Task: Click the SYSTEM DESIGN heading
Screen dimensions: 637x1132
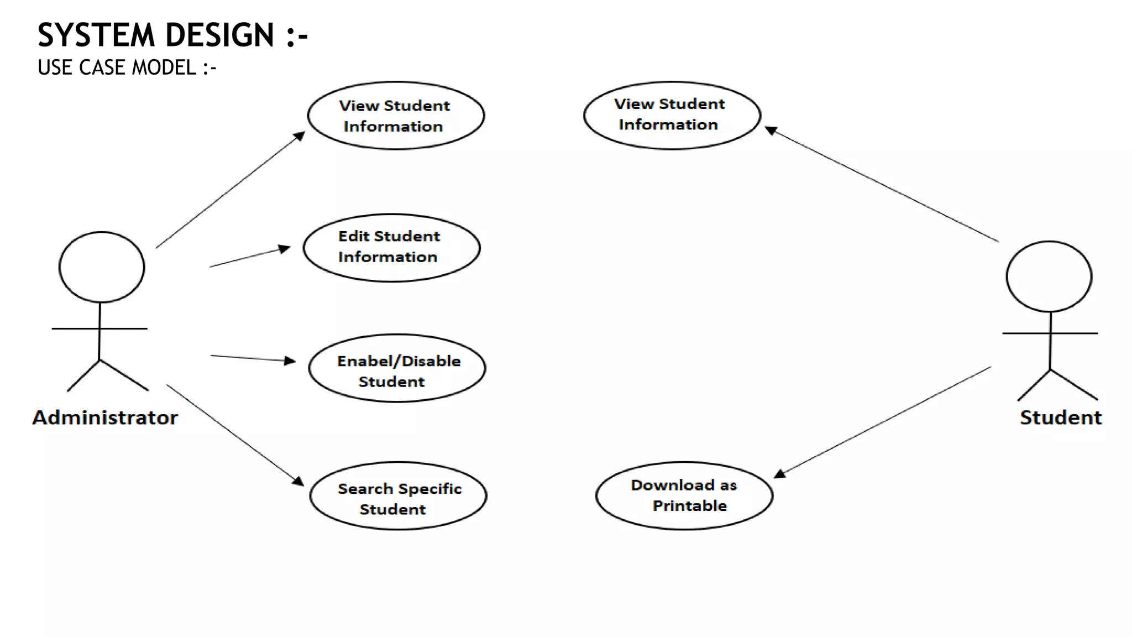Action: (172, 35)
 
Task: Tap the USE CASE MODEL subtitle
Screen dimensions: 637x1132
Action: (127, 67)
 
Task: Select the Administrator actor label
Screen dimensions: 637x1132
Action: (105, 417)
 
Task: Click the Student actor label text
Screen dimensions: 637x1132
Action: (1060, 417)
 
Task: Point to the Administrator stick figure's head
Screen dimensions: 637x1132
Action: (102, 267)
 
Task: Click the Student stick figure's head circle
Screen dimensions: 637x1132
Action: (1049, 276)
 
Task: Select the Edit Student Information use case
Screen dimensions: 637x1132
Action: (391, 248)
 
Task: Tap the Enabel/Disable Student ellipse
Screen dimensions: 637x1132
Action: (397, 368)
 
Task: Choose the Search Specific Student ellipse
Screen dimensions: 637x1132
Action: (398, 496)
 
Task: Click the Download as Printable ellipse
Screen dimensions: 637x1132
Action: (684, 496)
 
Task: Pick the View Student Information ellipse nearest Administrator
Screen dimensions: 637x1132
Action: (396, 116)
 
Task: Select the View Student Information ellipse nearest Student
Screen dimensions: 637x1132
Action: (672, 116)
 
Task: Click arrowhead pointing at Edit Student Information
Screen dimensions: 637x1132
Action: (285, 249)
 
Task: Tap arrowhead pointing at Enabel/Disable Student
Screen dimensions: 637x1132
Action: (290, 361)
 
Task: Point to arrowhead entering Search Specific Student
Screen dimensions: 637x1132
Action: (298, 481)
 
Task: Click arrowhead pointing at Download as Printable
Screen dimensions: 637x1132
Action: (779, 474)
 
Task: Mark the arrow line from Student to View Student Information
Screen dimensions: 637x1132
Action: (884, 186)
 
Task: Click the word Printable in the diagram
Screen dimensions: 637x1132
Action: (689, 506)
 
